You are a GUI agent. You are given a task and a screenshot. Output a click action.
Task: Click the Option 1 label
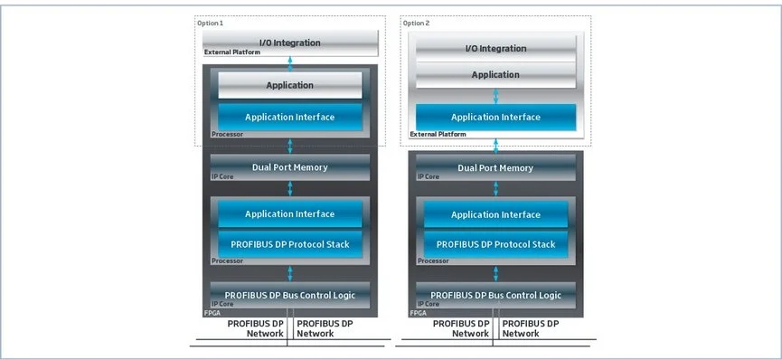click(x=210, y=23)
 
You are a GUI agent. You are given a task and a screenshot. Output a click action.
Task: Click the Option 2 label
click(x=416, y=23)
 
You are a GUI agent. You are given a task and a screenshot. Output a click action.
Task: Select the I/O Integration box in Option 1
click(x=290, y=43)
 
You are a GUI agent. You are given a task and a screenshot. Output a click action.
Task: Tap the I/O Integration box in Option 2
click(x=495, y=49)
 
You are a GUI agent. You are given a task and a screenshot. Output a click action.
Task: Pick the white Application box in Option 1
click(x=290, y=85)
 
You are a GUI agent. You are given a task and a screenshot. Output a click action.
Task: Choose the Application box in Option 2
click(x=495, y=75)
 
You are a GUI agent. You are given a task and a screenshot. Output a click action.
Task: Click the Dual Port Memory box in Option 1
click(x=290, y=167)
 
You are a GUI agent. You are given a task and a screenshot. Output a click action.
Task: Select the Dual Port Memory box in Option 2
click(x=495, y=167)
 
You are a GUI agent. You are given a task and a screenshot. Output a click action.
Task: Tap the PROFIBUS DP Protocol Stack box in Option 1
click(x=290, y=244)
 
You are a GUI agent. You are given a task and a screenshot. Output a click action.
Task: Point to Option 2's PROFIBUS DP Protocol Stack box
click(x=495, y=244)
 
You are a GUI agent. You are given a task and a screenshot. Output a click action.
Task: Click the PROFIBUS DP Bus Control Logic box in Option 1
click(x=290, y=295)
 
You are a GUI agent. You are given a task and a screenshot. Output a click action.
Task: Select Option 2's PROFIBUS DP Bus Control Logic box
click(x=495, y=295)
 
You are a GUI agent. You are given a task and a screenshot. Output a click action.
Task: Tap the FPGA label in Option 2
click(x=418, y=313)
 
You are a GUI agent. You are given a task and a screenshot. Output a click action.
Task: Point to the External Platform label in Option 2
click(x=438, y=134)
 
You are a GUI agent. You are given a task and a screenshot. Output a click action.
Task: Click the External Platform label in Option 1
click(x=232, y=52)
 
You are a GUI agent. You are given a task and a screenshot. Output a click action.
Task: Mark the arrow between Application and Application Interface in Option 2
click(x=495, y=97)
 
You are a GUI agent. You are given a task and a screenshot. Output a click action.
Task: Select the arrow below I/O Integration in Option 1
click(x=290, y=63)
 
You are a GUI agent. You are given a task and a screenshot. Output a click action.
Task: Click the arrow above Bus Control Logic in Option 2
click(x=495, y=274)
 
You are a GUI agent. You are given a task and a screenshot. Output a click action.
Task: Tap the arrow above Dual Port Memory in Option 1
click(x=290, y=147)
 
